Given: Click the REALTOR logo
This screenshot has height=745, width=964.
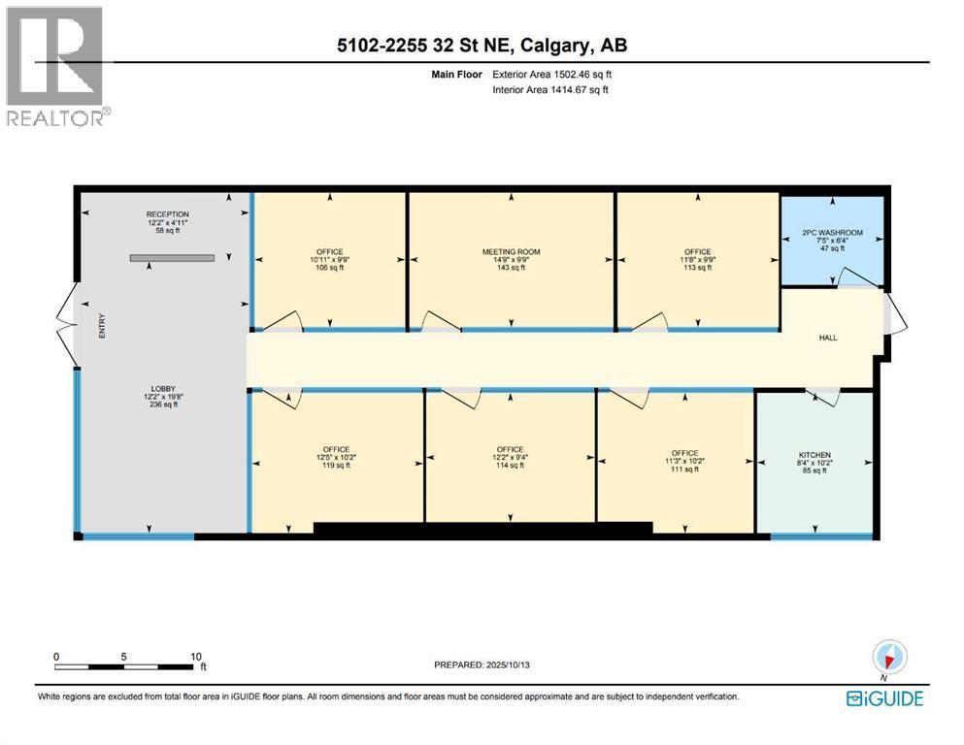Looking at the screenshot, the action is tap(57, 66).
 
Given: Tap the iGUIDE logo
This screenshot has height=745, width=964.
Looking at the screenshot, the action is tap(884, 698).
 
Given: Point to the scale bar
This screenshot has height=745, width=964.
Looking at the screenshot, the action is tap(128, 666).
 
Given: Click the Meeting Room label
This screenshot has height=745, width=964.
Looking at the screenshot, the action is tap(511, 259).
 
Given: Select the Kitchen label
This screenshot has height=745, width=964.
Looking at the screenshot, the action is tap(814, 463).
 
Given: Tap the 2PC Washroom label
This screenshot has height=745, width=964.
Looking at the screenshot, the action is tap(832, 241).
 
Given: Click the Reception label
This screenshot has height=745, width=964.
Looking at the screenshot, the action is tap(167, 222).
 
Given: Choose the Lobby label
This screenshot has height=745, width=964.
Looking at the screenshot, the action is tap(163, 396).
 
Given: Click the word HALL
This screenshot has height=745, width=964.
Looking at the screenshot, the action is tap(828, 338).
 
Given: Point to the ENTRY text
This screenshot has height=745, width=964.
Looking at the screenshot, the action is tap(102, 326).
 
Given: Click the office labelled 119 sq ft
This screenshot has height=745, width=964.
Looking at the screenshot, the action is tap(336, 457).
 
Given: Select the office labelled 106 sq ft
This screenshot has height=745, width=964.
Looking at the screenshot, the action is tap(329, 259).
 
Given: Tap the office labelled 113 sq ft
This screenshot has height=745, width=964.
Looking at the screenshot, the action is tap(698, 259).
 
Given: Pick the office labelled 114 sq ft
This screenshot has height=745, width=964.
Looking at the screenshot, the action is tap(511, 457).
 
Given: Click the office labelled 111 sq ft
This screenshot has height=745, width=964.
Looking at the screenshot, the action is tap(684, 461).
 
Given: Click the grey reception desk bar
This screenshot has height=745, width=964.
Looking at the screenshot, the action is tap(172, 258).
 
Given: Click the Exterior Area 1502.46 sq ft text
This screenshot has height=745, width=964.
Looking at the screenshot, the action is tap(552, 75).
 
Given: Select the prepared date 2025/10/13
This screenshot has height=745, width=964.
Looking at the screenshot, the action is tap(508, 664).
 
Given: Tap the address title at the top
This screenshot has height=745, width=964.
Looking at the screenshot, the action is tap(482, 45).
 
